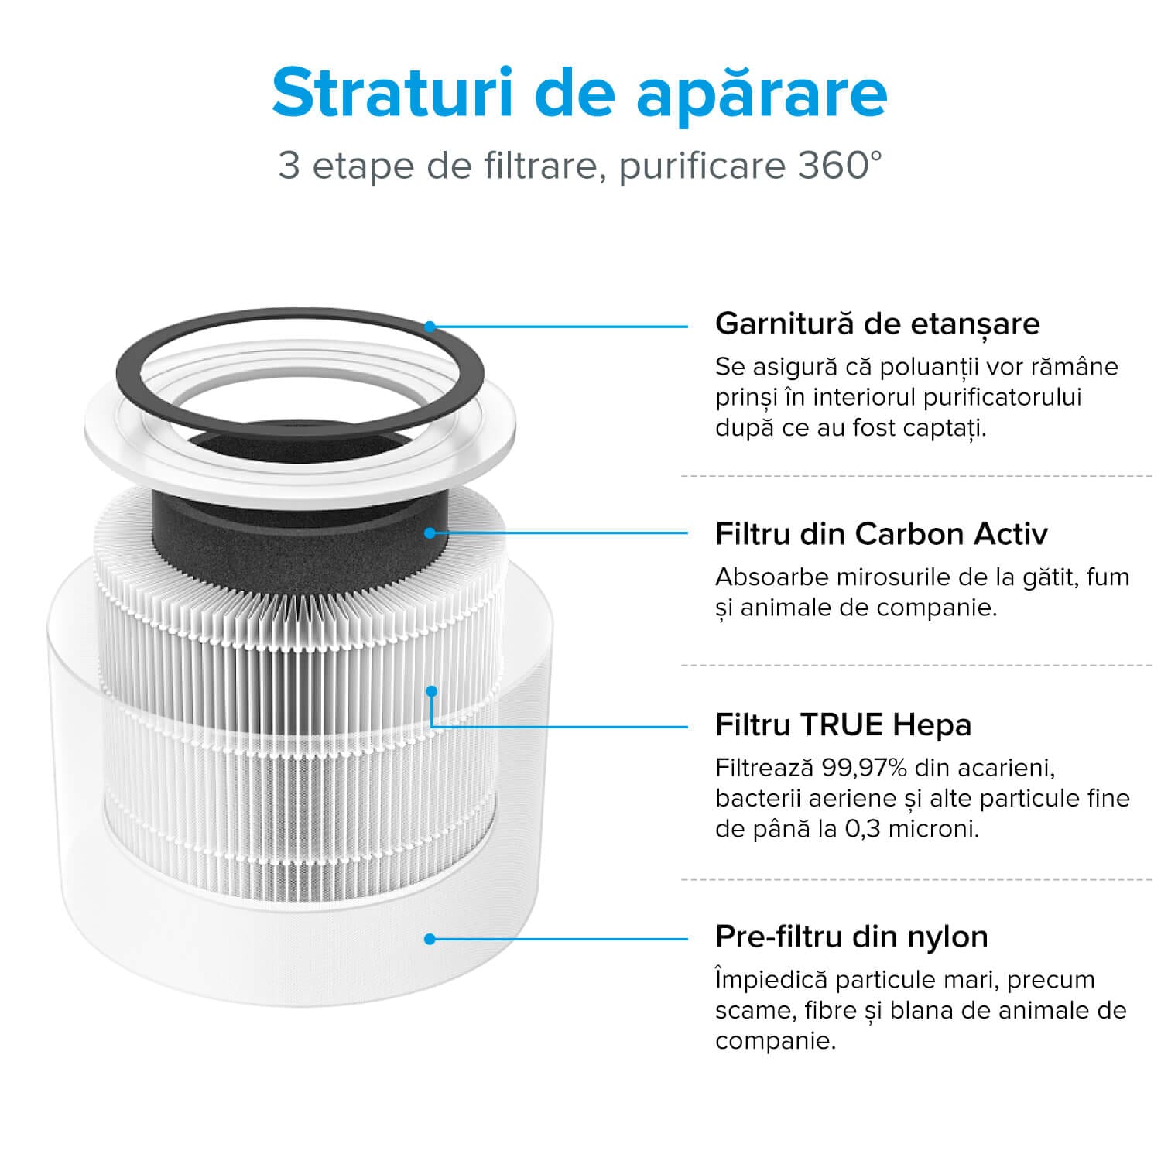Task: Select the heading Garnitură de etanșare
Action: tap(877, 324)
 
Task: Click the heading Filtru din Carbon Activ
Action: tap(881, 534)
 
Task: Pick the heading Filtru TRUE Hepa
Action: tap(843, 725)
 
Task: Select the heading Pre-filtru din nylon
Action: tap(851, 937)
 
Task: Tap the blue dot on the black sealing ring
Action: tap(430, 327)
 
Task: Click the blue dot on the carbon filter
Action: tap(430, 533)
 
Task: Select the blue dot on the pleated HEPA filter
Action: tap(432, 690)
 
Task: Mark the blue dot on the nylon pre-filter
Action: tap(430, 939)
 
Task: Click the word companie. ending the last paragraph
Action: tap(775, 1041)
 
